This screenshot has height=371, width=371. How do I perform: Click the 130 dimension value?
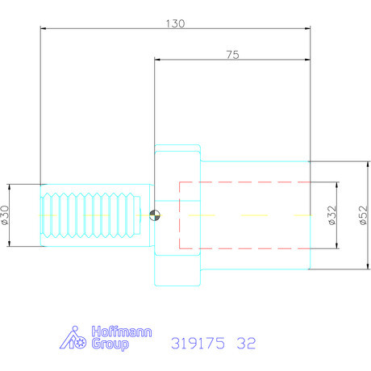coord(176,23)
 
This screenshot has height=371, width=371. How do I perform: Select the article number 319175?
coord(198,342)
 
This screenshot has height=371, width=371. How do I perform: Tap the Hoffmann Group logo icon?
coord(76,337)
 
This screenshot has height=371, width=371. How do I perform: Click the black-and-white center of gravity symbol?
coord(156,215)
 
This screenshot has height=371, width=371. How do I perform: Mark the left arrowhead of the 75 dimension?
coord(156,60)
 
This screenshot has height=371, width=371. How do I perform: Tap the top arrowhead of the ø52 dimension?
coord(361,163)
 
